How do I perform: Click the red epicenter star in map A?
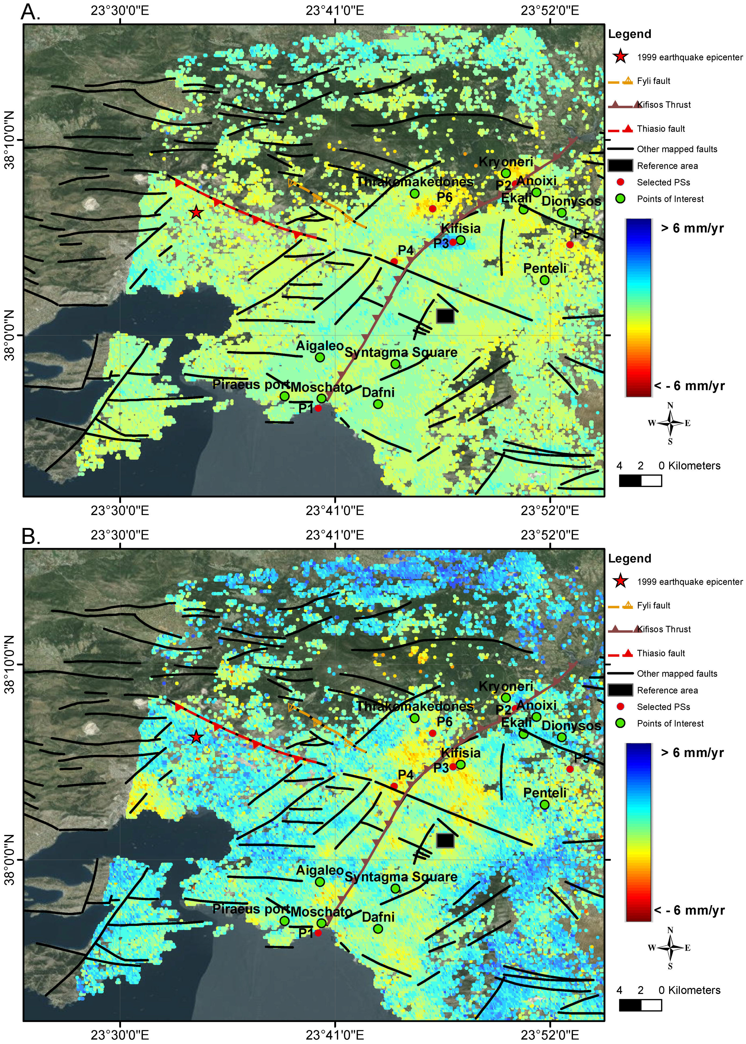(x=196, y=212)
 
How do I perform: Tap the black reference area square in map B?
(x=445, y=840)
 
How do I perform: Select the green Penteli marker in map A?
(x=544, y=280)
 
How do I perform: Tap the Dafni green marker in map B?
(x=378, y=929)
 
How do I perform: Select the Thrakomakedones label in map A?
(x=415, y=182)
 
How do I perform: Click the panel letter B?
(x=31, y=536)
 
